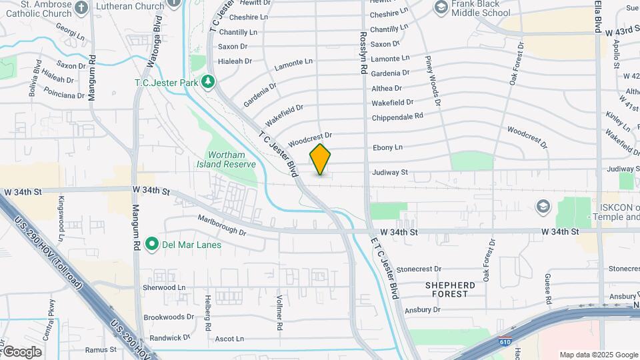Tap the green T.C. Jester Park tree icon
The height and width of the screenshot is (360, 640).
[x=209, y=81]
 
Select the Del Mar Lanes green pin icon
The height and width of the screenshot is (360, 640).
[x=151, y=244]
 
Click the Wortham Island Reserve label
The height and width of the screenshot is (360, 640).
[x=227, y=159]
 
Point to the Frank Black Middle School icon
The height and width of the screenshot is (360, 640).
[x=441, y=7]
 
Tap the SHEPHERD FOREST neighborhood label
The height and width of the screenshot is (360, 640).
[x=451, y=289]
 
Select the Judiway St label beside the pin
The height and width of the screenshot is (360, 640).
[x=389, y=172]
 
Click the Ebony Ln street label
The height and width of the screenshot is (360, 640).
[x=387, y=147]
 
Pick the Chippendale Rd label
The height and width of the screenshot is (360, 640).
[x=397, y=116]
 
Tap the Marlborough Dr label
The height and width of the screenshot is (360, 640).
[x=223, y=225]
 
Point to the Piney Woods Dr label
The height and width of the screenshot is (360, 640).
[x=433, y=81]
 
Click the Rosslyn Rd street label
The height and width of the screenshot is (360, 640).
[x=363, y=53]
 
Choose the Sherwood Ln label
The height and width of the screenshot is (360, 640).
[x=164, y=287]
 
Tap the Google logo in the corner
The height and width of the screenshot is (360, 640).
[x=21, y=352]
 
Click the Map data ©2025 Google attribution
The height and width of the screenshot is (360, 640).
[x=598, y=355]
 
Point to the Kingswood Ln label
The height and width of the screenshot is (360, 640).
[x=61, y=209]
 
